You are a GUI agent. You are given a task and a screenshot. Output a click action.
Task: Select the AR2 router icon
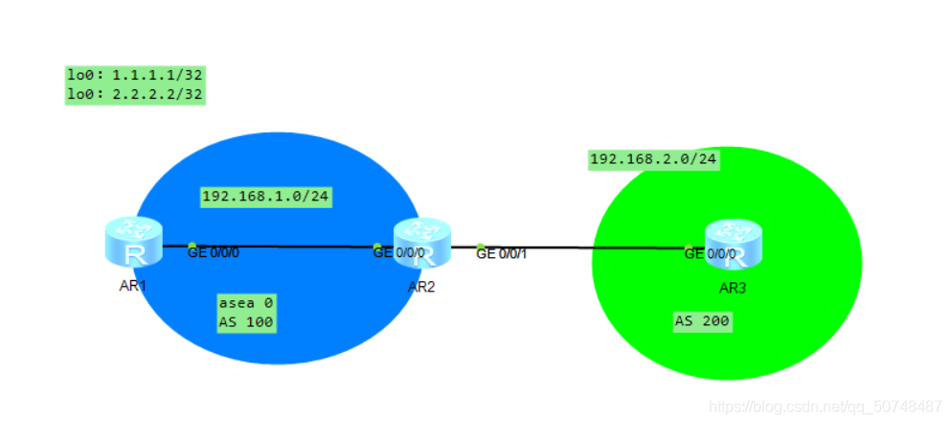tap(422, 242)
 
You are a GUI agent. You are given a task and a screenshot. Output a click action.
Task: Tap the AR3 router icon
tap(733, 242)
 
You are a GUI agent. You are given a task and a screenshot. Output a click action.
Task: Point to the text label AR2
tap(421, 286)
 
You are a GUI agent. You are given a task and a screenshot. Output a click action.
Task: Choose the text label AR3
tap(733, 286)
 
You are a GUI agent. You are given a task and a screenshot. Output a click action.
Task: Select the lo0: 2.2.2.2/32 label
tap(134, 94)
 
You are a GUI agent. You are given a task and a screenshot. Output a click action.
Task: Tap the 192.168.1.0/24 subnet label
tap(266, 197)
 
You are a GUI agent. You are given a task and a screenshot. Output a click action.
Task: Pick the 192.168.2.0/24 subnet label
tap(653, 158)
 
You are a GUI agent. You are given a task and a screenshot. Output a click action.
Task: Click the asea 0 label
tap(246, 303)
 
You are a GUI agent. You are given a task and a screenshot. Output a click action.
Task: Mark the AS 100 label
tap(246, 322)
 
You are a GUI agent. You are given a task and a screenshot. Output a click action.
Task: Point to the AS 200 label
tap(702, 321)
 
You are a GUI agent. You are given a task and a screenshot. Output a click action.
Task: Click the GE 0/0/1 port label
tap(501, 254)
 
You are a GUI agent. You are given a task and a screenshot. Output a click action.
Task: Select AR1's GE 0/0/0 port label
tap(213, 253)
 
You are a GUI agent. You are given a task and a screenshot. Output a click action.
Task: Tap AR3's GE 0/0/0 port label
tap(711, 254)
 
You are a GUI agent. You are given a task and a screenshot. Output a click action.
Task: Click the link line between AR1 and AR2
tap(287, 247)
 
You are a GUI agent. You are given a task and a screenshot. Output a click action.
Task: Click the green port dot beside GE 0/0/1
tap(481, 247)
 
